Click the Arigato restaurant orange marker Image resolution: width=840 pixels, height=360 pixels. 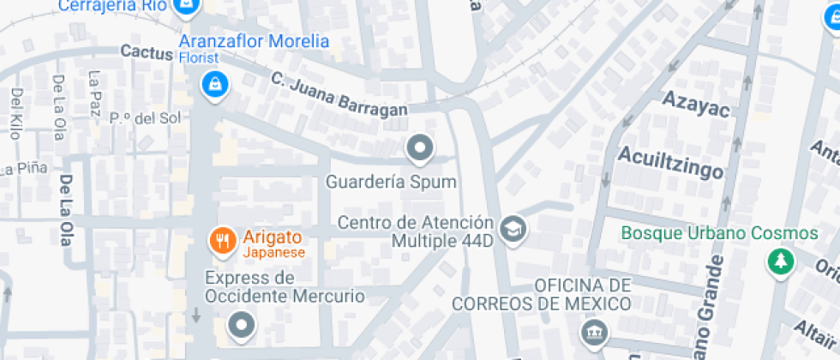pyautogui.click(x=223, y=241)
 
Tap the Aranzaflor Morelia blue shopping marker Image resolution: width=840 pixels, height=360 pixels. pyautogui.click(x=213, y=85)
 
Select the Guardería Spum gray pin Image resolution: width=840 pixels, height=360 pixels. pyautogui.click(x=419, y=150)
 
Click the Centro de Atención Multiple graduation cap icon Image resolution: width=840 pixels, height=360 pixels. pyautogui.click(x=513, y=229)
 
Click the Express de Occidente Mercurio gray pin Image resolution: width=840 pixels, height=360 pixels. pyautogui.click(x=241, y=325)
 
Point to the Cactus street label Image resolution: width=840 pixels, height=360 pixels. pyautogui.click(x=147, y=52)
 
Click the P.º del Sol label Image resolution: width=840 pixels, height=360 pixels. pyautogui.click(x=145, y=117)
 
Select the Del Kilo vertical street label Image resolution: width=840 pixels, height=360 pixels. pyautogui.click(x=15, y=112)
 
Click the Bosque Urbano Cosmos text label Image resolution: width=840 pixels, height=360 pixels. pyautogui.click(x=719, y=233)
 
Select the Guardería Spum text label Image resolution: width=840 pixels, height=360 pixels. pyautogui.click(x=391, y=183)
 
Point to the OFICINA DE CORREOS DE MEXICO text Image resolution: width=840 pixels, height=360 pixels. pyautogui.click(x=542, y=294)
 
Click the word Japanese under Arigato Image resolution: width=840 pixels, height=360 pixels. pyautogui.click(x=273, y=253)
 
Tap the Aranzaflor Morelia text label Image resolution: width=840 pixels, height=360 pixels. pyautogui.click(x=253, y=41)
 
